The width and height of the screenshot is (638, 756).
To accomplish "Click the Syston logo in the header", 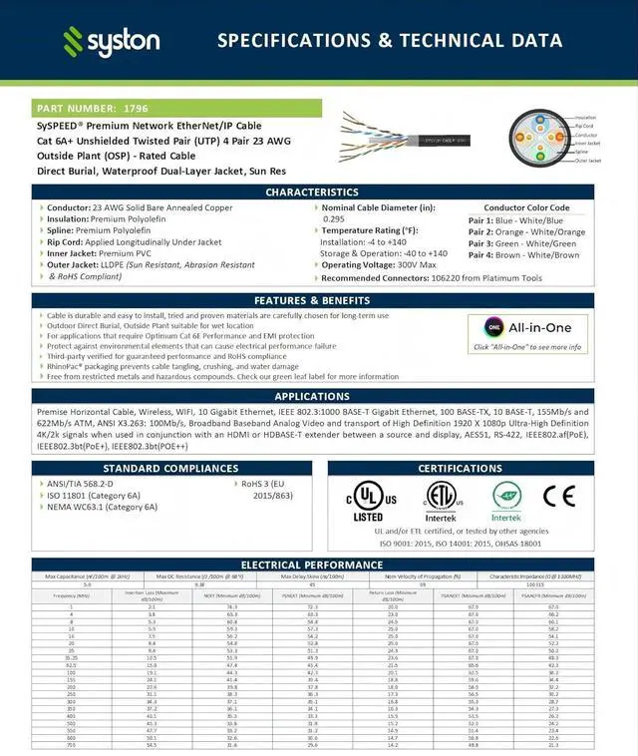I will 111,41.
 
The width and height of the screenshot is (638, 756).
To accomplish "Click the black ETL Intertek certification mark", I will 440,500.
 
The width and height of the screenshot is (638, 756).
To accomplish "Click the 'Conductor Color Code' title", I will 526,207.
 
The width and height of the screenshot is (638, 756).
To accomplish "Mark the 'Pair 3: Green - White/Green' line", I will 522,243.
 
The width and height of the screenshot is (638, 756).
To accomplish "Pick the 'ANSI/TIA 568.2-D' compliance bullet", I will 80,484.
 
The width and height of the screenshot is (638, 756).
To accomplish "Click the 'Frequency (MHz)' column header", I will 71,595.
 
